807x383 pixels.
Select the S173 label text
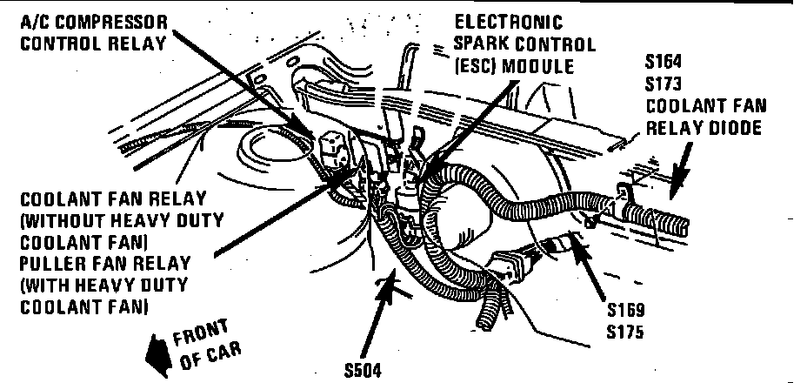[664, 84]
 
